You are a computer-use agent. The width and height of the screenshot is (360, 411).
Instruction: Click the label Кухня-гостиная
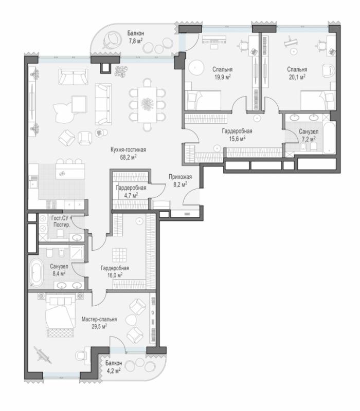[128, 150]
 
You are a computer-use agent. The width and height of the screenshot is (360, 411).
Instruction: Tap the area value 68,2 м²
[128, 157]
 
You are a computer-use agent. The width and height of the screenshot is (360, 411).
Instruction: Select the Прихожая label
[181, 177]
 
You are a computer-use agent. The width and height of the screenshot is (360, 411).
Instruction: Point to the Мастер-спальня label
[99, 319]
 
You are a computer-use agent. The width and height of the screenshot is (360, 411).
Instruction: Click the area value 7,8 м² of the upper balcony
[135, 41]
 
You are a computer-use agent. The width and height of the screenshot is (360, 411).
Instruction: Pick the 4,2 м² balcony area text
[113, 370]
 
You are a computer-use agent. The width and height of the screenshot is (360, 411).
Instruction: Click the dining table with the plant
[147, 104]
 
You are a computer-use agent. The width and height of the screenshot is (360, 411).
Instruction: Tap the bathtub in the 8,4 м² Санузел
[35, 272]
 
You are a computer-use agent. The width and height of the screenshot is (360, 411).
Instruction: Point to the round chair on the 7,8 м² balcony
[112, 41]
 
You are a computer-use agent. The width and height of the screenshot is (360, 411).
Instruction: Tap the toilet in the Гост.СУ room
[60, 233]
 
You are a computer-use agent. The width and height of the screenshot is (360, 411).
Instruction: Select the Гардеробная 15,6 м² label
[237, 135]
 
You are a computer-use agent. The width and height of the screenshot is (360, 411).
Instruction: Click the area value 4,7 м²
[132, 196]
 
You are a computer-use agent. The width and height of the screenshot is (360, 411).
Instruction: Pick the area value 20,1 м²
[297, 77]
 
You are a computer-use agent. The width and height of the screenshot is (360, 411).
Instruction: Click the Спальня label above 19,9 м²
[223, 69]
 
